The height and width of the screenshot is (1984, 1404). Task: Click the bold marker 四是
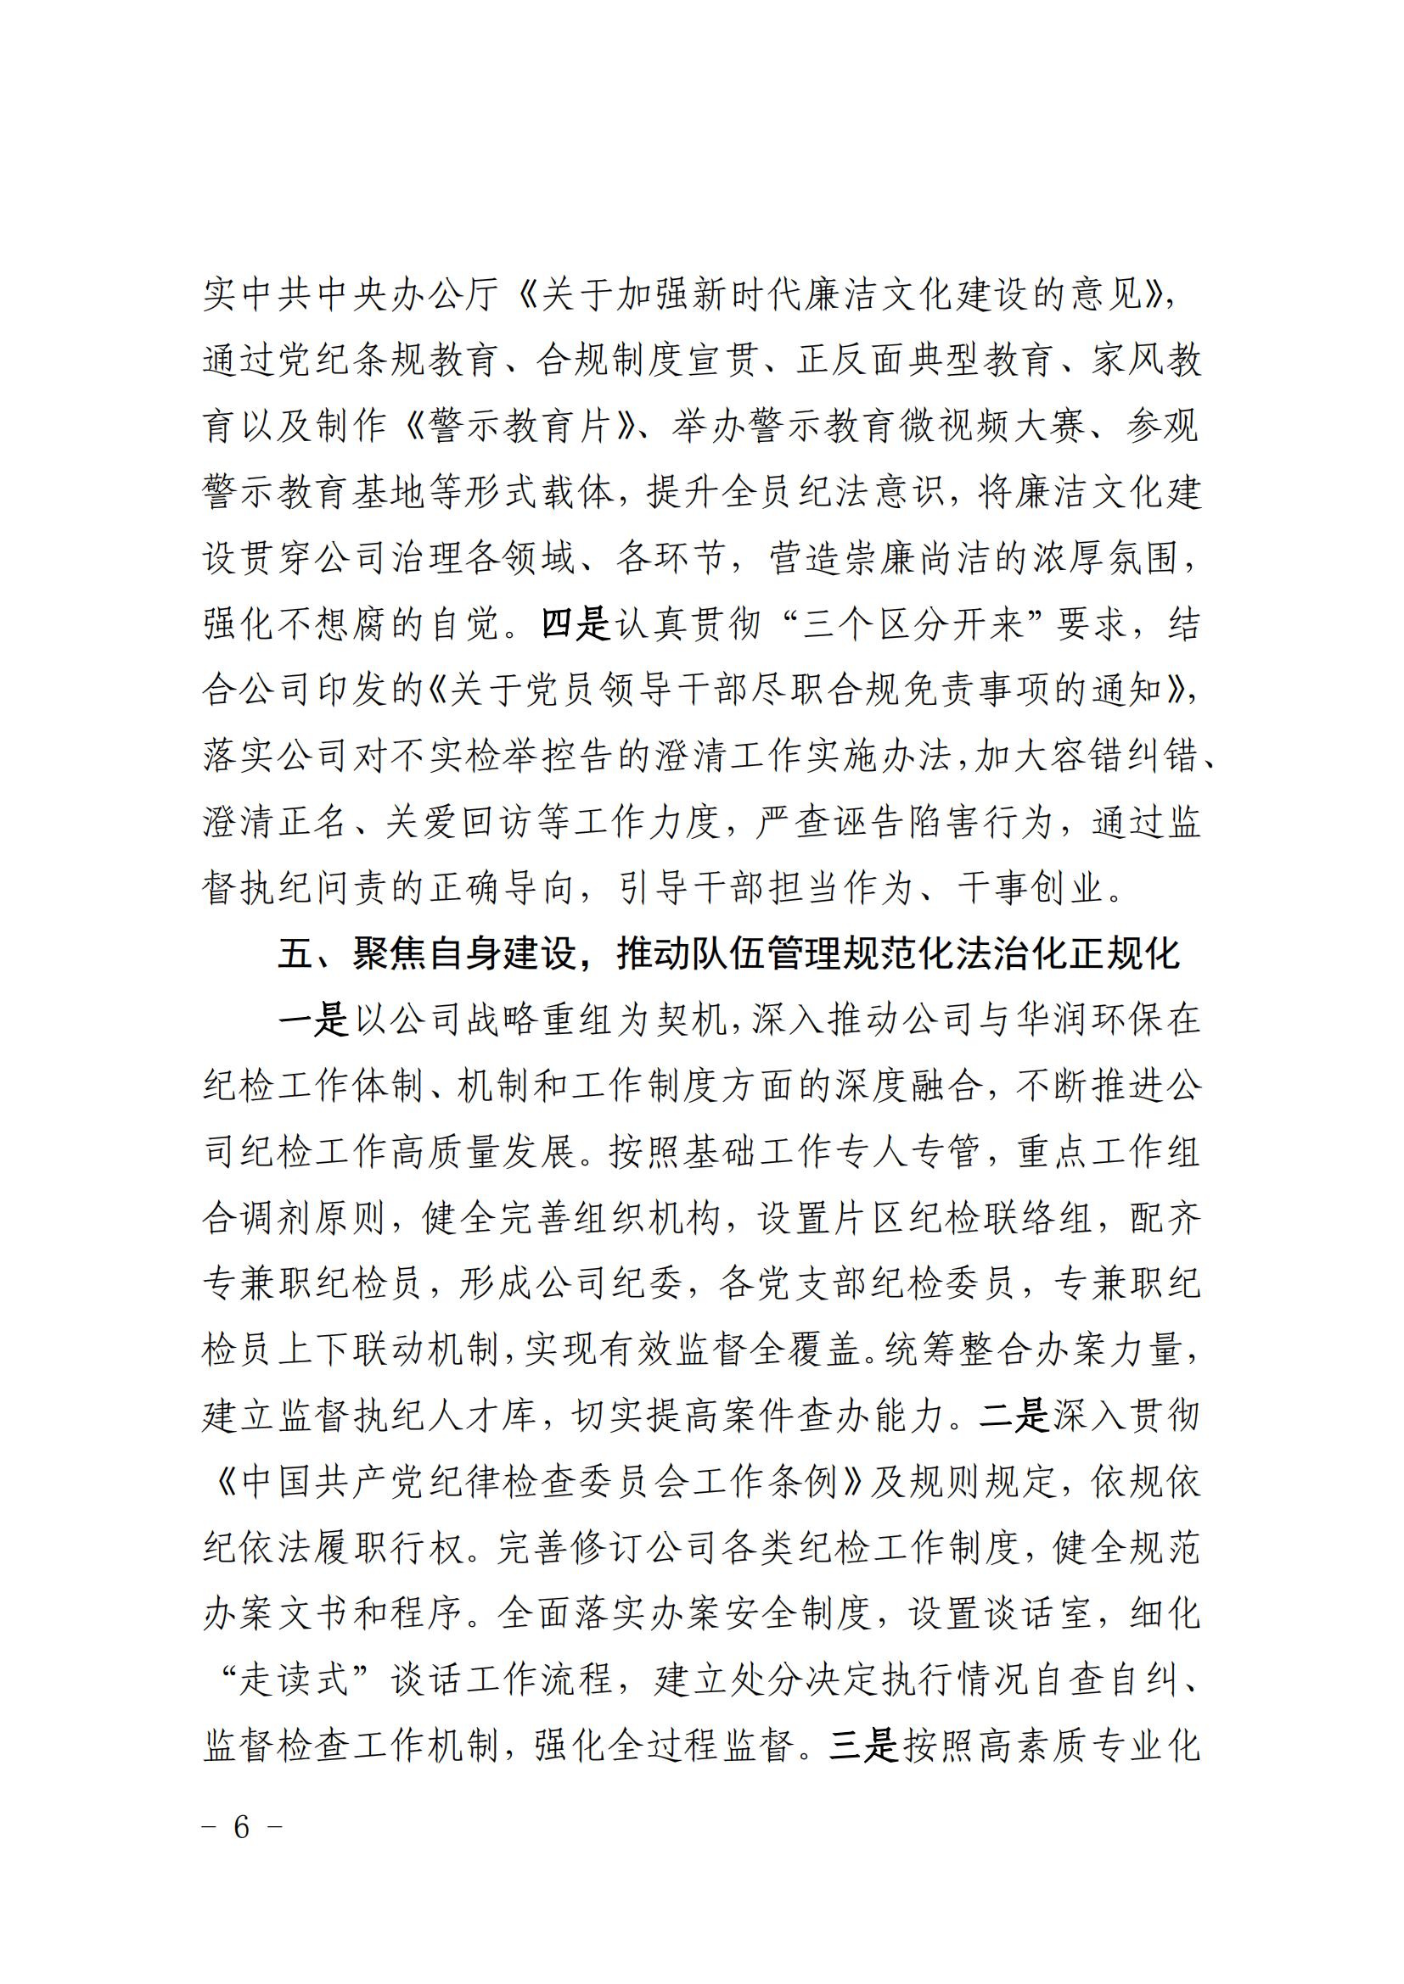click(576, 624)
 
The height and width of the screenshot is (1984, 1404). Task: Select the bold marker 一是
click(313, 1020)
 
